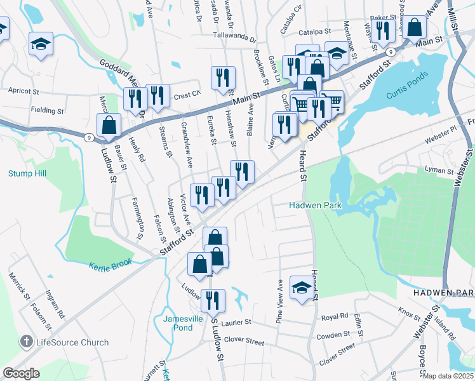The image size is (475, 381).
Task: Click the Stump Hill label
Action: [x=27, y=173]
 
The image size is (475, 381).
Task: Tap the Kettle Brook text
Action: [x=110, y=264]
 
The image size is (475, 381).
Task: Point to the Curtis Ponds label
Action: [x=410, y=96]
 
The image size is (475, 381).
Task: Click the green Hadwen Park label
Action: [x=316, y=205]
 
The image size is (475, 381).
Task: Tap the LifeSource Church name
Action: [x=72, y=342]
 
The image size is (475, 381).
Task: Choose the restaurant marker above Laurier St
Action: [x=213, y=300]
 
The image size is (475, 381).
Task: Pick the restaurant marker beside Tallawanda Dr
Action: [x=223, y=77]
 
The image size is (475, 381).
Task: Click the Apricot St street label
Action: [x=23, y=91]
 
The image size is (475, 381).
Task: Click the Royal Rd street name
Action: [x=335, y=316]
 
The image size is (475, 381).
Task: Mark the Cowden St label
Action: [x=333, y=334]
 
